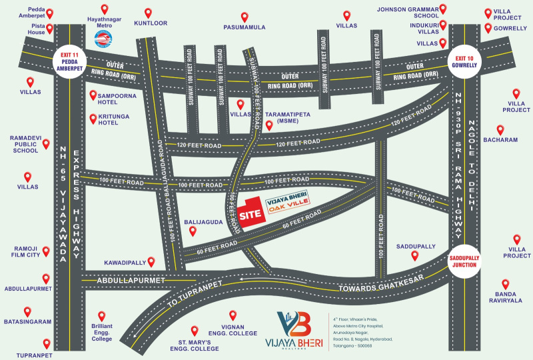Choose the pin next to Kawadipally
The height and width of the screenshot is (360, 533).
click(151, 262)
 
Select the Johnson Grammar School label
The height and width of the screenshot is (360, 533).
click(406, 13)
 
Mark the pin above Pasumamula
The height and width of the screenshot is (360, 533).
click(245, 17)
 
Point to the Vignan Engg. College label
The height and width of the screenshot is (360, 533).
click(233, 333)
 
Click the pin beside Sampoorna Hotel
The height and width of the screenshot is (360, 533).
click(93, 95)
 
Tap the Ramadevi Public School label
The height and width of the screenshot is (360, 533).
click(27, 144)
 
